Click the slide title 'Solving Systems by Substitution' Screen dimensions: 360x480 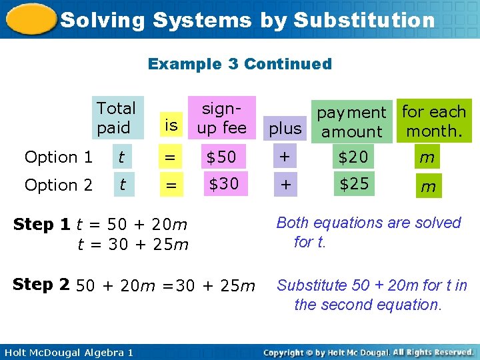247,20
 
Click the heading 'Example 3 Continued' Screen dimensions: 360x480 239,64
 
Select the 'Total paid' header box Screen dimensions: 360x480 117,118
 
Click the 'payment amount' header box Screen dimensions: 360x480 351,122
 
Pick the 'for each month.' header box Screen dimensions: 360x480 434,121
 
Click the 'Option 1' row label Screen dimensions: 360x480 59,157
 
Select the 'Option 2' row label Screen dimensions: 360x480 59,185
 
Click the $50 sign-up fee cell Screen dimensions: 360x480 221,157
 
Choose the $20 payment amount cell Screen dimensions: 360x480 353,157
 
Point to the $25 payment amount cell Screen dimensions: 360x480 353,183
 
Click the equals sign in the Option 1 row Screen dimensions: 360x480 171,158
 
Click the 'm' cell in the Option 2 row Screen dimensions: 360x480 428,187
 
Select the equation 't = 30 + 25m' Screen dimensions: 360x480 133,245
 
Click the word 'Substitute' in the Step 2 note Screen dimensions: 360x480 311,285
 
